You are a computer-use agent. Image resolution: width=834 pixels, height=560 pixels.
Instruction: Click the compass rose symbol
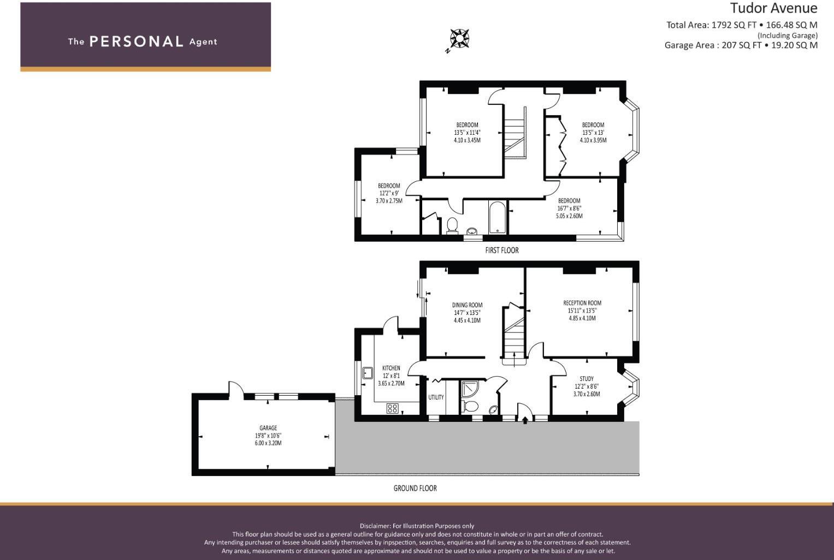(x=459, y=39)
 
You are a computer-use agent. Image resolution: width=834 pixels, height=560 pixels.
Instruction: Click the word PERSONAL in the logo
(x=136, y=41)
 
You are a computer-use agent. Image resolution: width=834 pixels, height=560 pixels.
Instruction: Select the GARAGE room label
(x=268, y=428)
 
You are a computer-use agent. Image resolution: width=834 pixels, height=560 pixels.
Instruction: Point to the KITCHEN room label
(x=391, y=368)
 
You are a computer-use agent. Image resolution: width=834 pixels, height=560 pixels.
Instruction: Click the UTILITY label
(x=436, y=397)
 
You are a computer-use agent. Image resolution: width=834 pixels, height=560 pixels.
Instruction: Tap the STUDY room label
(x=587, y=379)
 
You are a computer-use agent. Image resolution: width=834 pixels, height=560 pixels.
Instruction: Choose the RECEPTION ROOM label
(x=582, y=303)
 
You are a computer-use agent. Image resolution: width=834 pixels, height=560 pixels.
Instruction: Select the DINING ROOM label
(x=467, y=305)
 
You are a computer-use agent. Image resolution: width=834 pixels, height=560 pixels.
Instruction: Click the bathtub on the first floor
(x=497, y=218)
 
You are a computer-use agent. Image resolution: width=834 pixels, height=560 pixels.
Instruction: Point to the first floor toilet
(x=452, y=225)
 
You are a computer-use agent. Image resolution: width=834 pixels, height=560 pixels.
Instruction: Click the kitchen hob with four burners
(x=392, y=408)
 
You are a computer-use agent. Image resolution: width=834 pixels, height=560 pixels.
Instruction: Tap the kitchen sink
(x=368, y=373)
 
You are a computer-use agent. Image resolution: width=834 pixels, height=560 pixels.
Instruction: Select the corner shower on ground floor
(x=469, y=388)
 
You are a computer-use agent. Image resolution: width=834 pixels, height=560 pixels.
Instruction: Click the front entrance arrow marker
(x=525, y=420)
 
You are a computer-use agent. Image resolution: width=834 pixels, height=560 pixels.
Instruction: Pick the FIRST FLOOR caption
(x=501, y=250)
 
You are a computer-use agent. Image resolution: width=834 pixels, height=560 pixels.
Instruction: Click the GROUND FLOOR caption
(x=415, y=488)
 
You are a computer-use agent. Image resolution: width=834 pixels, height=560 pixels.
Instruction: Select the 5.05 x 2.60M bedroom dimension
(x=569, y=216)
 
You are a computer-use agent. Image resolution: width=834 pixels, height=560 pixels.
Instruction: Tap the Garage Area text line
(x=741, y=45)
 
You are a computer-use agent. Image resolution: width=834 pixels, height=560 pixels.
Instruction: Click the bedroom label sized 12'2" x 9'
(x=389, y=186)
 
